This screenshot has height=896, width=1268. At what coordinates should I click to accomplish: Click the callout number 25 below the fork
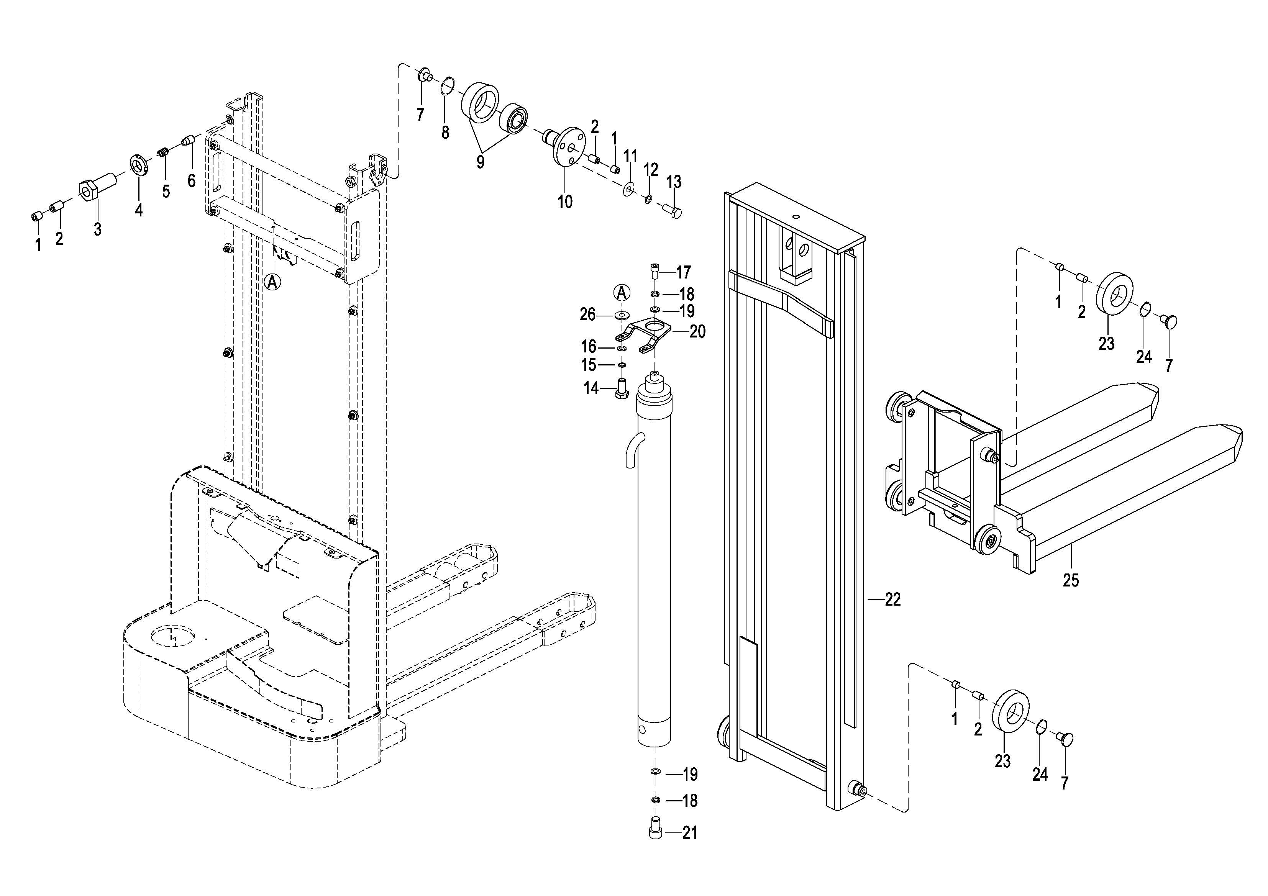click(1070, 580)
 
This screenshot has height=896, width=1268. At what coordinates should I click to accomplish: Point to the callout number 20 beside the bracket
click(697, 332)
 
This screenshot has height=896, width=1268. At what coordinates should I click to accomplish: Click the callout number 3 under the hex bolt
click(98, 229)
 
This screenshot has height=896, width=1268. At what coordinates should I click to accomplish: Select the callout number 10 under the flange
click(565, 202)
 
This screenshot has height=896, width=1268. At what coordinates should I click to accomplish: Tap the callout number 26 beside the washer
click(587, 315)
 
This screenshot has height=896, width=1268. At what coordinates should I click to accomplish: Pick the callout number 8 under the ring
click(445, 133)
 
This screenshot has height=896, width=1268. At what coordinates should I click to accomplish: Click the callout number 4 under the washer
click(139, 210)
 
